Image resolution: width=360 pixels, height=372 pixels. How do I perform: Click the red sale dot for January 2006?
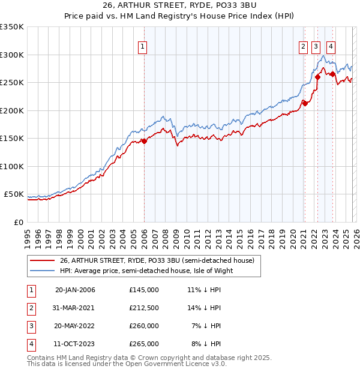(144, 142)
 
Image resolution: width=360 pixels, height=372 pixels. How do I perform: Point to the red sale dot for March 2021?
(305, 103)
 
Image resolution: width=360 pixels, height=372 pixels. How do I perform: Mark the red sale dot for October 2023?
(332, 74)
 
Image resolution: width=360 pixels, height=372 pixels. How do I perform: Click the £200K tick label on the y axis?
(12, 110)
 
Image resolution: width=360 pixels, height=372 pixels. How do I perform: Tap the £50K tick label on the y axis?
(14, 194)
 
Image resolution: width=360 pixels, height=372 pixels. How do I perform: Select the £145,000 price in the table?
(144, 290)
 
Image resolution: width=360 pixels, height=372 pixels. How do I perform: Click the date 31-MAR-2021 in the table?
(75, 308)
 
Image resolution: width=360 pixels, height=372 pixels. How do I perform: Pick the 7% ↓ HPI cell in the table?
(206, 326)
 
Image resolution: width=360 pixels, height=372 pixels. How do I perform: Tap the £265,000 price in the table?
(144, 344)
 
